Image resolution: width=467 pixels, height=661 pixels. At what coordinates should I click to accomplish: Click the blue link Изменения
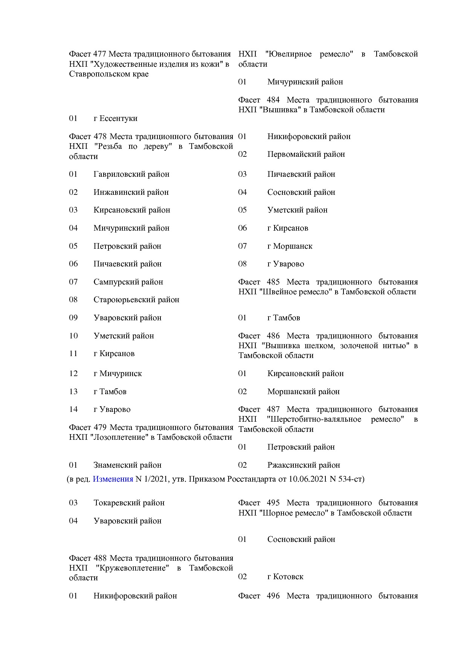coord(113,479)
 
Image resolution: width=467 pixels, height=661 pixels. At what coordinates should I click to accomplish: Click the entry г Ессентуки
coord(115,118)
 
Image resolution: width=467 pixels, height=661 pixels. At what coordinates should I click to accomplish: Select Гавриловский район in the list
coord(131,174)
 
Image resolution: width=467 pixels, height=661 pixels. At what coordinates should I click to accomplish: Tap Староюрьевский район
coord(136,300)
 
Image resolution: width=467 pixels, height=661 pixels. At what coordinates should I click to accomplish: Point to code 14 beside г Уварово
coord(73,409)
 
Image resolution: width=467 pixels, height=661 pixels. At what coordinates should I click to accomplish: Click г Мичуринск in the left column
coord(118,373)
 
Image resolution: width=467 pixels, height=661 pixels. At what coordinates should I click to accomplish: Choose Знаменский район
coord(127,465)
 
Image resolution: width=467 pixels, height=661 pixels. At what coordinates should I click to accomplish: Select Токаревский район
coord(129,503)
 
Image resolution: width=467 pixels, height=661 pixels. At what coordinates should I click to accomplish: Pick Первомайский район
coord(306,154)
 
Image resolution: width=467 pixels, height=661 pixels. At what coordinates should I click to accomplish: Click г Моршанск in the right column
coord(290,246)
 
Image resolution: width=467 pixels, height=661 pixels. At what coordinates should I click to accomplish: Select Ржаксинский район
coord(304,465)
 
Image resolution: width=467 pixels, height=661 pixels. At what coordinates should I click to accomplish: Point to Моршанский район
coord(303,392)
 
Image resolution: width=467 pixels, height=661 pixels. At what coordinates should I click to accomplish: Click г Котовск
coord(285,577)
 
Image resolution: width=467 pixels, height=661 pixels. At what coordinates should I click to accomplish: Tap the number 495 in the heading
coord(273,503)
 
